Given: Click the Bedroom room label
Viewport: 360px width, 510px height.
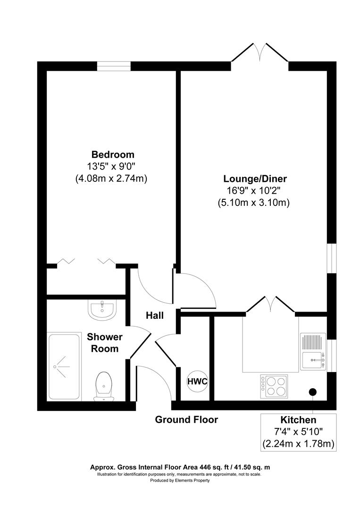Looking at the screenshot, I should click(113, 154).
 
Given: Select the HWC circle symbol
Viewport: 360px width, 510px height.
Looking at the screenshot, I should click(197, 381).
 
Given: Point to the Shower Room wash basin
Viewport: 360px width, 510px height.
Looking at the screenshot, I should click(101, 310).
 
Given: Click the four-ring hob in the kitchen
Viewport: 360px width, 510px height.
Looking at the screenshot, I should click(275, 385).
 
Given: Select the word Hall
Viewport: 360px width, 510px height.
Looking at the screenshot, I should click(154, 315).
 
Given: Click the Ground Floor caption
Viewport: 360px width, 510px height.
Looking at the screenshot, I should click(186, 419).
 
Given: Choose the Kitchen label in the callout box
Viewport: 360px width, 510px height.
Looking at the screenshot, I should click(298, 420).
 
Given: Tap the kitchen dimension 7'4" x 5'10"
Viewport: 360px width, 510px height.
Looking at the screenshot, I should click(298, 432).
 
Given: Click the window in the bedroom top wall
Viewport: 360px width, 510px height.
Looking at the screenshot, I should click(114, 66).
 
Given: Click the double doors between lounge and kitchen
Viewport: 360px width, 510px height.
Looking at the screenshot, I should click(270, 306).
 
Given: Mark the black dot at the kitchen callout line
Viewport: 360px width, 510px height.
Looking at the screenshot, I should click(312, 391).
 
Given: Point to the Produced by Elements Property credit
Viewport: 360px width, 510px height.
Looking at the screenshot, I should click(180, 480).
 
